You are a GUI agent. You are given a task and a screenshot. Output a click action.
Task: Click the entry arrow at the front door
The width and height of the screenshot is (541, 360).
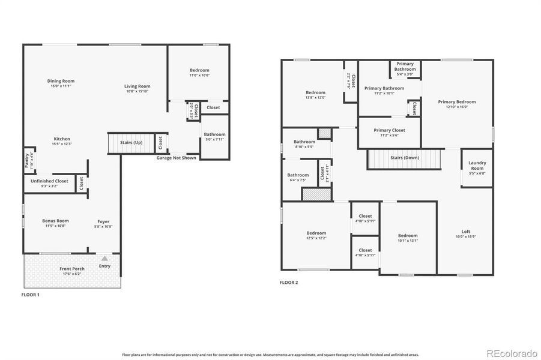(x=104, y=258)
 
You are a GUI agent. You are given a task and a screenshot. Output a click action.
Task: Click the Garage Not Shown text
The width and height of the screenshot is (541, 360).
(x=177, y=158)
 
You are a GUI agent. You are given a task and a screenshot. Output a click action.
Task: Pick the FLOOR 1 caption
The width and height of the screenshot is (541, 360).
(x=30, y=295)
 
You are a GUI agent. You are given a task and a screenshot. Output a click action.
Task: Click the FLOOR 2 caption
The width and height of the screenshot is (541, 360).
(x=289, y=282)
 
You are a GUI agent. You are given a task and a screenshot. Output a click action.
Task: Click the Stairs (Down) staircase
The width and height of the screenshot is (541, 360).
(x=404, y=159)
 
